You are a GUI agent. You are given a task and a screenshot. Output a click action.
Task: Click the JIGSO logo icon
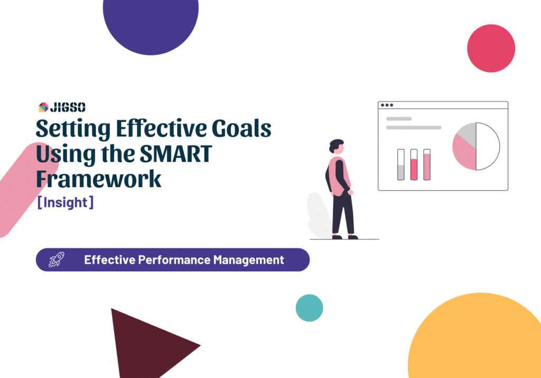click(43, 107)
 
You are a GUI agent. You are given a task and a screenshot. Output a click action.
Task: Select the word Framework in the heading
click(98, 179)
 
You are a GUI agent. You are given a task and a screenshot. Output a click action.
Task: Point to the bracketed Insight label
click(66, 203)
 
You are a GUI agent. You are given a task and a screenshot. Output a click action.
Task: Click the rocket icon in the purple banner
click(55, 260)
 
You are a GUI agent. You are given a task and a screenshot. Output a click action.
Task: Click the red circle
click(491, 48)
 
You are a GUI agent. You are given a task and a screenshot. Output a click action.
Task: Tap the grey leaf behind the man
click(319, 214)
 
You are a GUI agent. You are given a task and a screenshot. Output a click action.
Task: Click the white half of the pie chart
click(488, 146)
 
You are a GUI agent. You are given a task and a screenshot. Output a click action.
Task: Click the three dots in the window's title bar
click(387, 105)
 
